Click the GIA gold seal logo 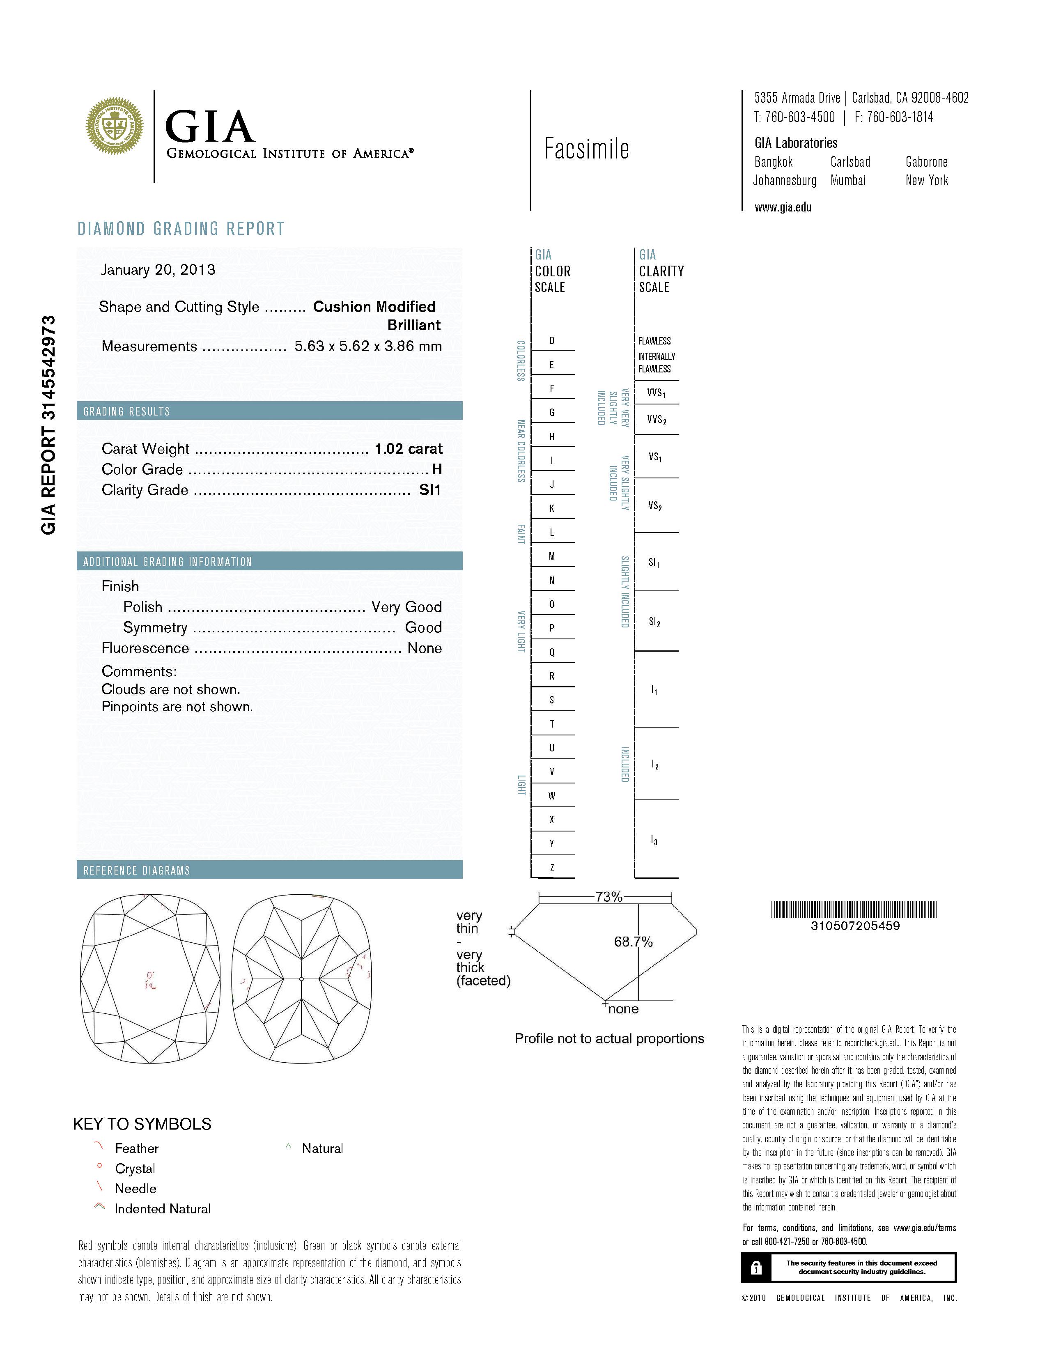tap(115, 126)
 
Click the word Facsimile tap(586, 149)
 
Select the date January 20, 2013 tap(158, 270)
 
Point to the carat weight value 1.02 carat tap(408, 448)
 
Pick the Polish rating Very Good tap(406, 607)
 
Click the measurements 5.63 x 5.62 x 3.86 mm tap(368, 346)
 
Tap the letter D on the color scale tap(551, 341)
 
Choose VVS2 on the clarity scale tap(656, 420)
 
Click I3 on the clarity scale tap(654, 840)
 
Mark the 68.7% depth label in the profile tap(633, 942)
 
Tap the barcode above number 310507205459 tap(854, 909)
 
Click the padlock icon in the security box tap(755, 1268)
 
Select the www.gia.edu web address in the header tap(783, 208)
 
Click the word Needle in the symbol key tap(135, 1189)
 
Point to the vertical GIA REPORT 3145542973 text tap(48, 425)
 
